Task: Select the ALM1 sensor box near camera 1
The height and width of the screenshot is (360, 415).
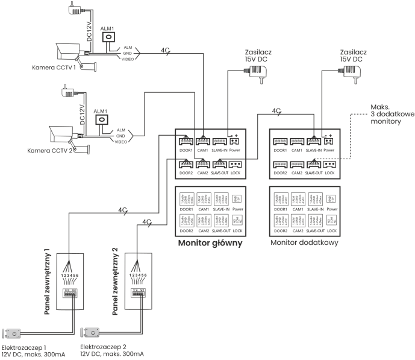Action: pyautogui.click(x=109, y=37)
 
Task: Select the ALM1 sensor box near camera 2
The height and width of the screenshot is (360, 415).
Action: pyautogui.click(x=102, y=118)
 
